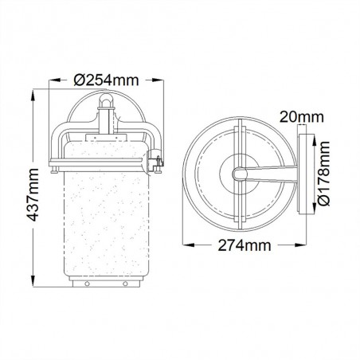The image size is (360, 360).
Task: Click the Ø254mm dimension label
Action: coord(106,80)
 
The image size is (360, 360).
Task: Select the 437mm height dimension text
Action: coord(33,194)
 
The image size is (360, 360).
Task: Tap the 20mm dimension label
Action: coord(302,117)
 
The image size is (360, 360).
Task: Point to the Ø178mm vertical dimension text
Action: coord(324,174)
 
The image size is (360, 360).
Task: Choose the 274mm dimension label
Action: coord(245,245)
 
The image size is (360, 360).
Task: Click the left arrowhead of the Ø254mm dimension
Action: coord(55,80)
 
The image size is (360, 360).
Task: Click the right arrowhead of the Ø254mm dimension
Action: coord(157,80)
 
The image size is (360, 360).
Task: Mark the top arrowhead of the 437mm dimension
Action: coord(33,96)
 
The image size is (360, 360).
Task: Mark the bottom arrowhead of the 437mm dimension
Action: coord(33,281)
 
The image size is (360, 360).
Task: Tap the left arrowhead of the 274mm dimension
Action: coord(189,245)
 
